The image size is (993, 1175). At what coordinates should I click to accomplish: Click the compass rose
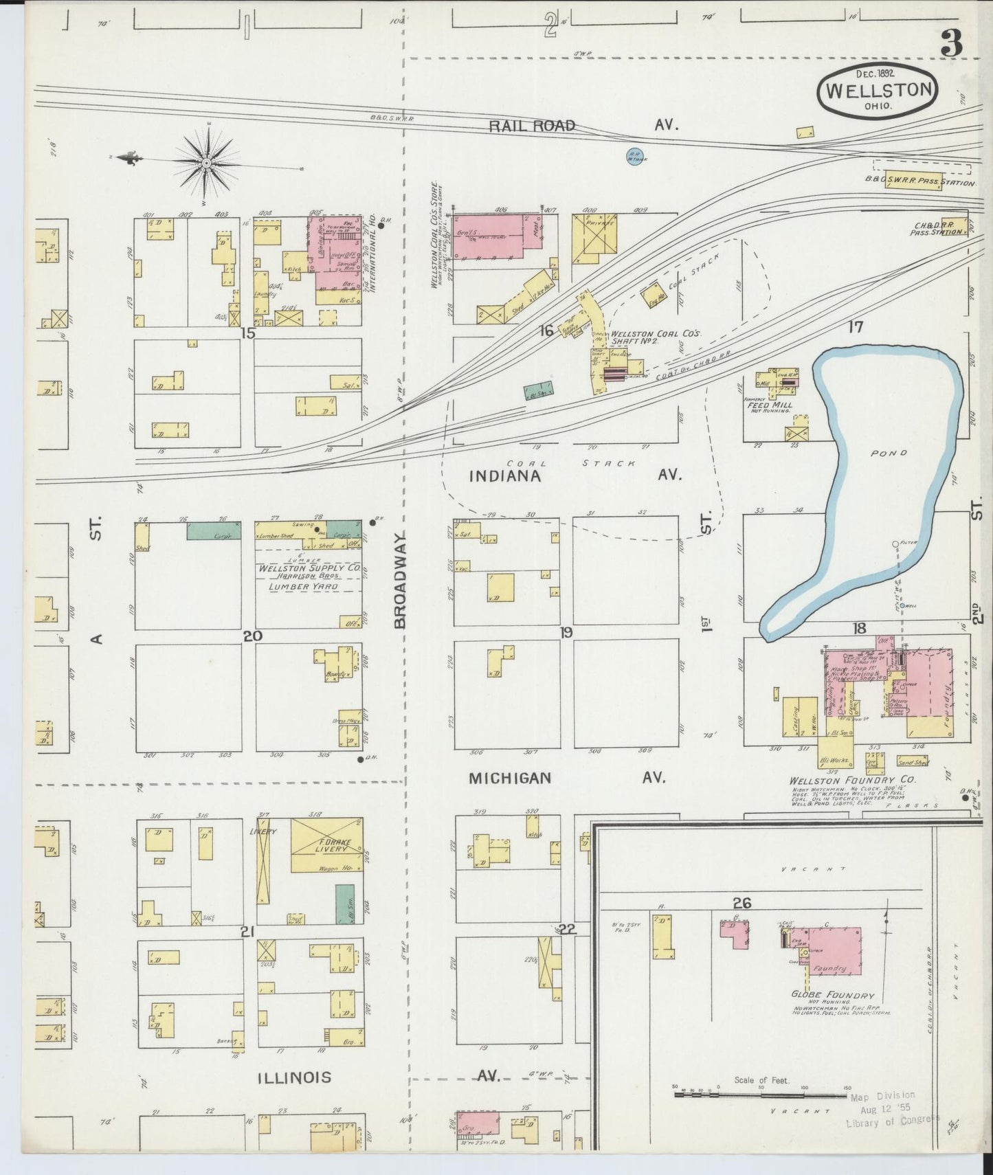206,163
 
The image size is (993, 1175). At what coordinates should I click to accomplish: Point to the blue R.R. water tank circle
635,157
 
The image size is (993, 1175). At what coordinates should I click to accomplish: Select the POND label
889,454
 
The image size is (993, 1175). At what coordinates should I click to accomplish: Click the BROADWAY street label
401,581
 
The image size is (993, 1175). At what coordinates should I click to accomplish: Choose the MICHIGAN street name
510,778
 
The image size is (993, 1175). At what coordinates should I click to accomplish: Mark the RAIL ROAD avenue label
532,126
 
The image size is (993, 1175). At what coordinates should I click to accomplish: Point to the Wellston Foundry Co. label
852,780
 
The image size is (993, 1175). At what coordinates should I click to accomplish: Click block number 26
742,903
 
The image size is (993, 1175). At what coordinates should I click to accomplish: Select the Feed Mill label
769,405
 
